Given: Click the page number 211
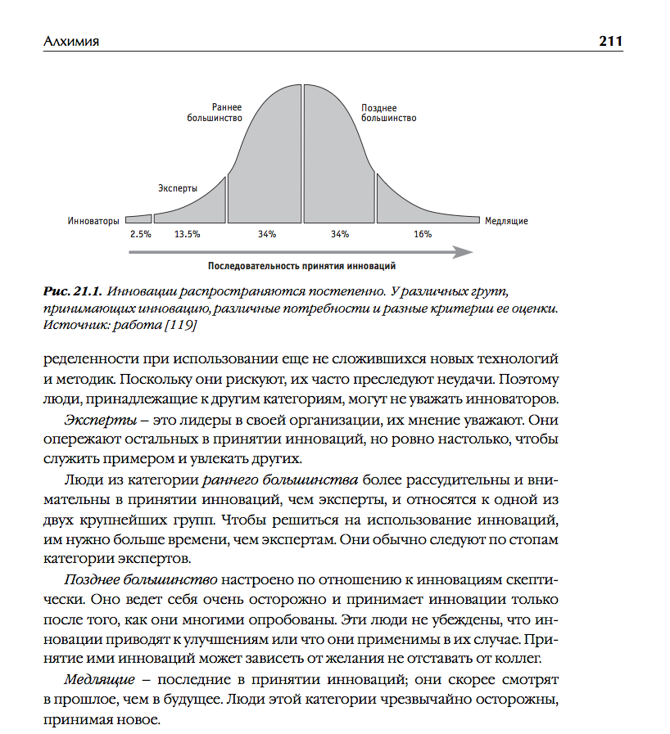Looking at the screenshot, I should tap(610, 41).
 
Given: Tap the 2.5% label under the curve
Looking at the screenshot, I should tap(141, 234).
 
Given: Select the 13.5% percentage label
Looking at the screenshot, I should tap(187, 234).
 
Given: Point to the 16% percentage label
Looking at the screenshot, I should tap(423, 234).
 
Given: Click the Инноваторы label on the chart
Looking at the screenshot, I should tap(94, 221).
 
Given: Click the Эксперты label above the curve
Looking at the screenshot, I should tap(178, 188).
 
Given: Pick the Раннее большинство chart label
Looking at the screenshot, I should tap(226, 113).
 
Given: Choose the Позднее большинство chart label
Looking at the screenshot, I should tap(388, 113).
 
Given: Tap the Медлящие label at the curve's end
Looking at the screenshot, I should tap(506, 221).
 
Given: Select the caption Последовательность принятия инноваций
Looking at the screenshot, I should tap(302, 267).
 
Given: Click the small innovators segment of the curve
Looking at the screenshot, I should tap(140, 219).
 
